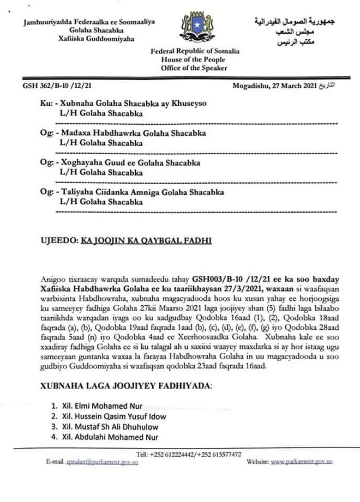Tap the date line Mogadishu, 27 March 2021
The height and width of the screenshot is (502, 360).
point(274,86)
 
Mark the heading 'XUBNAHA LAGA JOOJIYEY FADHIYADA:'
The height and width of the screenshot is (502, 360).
point(126,386)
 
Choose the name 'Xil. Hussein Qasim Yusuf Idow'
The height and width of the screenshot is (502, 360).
point(116,416)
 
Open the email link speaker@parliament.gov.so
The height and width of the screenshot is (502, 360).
point(101,462)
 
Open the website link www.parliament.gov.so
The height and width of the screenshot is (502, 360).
point(302,462)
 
